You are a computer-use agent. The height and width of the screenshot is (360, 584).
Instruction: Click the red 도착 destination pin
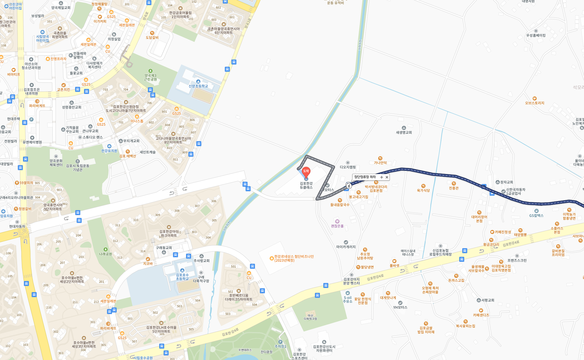[306, 171]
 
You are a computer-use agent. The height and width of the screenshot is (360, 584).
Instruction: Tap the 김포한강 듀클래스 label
[306, 185]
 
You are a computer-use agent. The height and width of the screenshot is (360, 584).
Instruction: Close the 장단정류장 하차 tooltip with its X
[387, 177]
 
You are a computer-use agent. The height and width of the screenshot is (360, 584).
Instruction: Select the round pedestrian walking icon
[349, 186]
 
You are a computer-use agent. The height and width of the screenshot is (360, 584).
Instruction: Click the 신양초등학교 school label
[198, 86]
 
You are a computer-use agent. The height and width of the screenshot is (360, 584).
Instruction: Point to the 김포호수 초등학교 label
[182, 277]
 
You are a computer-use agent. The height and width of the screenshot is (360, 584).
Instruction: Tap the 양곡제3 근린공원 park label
[150, 77]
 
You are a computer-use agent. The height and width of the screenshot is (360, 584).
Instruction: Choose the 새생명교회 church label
[404, 132]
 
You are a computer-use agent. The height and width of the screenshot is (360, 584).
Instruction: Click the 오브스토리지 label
[534, 103]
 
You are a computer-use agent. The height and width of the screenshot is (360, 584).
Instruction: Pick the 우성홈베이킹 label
[536, 35]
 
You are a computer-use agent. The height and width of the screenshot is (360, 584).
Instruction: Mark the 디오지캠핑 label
[348, 167]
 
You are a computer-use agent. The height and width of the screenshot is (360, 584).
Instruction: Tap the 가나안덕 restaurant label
[380, 163]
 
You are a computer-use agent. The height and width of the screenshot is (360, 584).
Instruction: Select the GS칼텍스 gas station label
[536, 215]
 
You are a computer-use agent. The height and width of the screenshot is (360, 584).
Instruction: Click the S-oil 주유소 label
[348, 299]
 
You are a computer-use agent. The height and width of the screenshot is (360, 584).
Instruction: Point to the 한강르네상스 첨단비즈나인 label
[294, 258]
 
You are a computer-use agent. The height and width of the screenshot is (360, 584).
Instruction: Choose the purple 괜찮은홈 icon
[337, 222]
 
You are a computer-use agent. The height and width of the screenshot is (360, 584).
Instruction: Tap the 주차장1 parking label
[280, 346]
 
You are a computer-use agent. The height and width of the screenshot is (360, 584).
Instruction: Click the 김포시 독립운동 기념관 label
[78, 168]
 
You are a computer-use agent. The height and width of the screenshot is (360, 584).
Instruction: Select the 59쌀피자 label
[26, 183]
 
